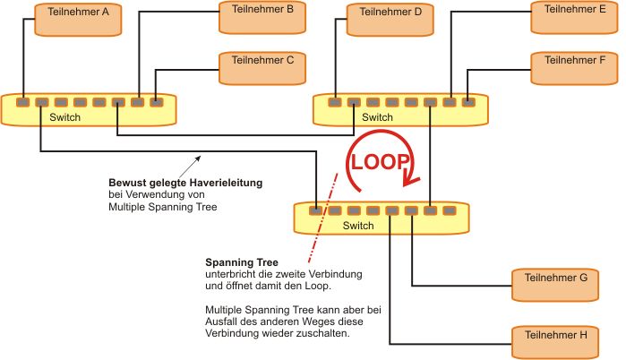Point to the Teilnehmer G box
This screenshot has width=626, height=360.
point(555,284)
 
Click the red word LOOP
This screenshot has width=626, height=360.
point(380,163)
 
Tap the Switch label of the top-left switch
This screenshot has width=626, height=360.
point(64,117)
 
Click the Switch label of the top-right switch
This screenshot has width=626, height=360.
point(377,117)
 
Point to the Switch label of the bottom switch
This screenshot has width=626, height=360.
point(358,226)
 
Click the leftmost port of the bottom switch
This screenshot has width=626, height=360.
point(315,211)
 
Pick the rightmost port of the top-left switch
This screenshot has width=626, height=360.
point(158,103)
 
